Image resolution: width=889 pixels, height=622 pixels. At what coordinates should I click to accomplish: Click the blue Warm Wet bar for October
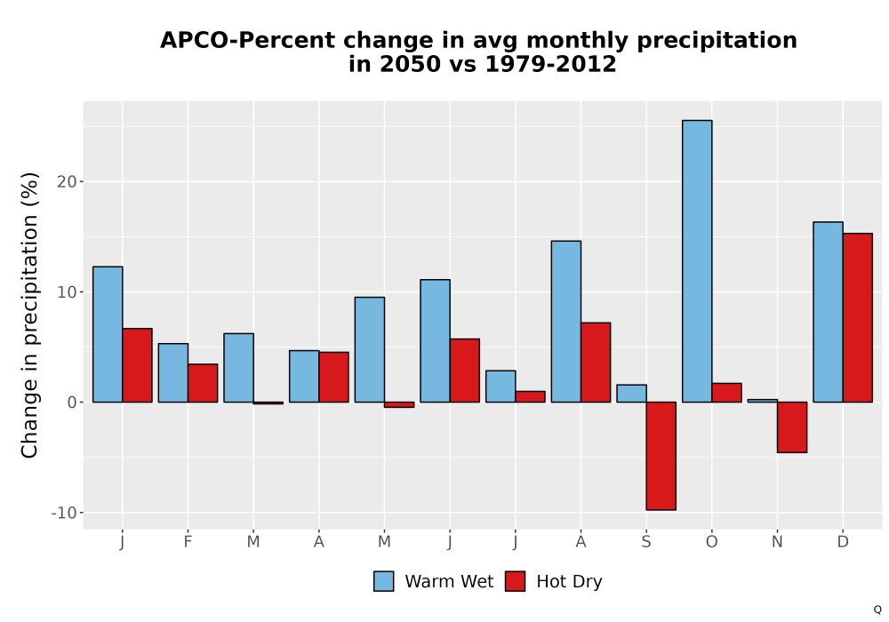(x=697, y=261)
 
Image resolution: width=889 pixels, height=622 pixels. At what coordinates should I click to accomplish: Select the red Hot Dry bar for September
(x=661, y=456)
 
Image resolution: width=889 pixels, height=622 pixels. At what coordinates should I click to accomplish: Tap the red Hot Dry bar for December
(x=857, y=318)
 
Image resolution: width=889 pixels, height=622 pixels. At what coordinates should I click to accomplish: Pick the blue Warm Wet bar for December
(x=828, y=312)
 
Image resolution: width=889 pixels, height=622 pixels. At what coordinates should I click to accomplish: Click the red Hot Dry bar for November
(x=792, y=427)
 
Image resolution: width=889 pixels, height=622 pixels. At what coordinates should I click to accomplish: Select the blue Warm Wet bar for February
(x=173, y=372)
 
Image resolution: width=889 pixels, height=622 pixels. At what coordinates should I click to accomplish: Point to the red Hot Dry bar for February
(x=203, y=383)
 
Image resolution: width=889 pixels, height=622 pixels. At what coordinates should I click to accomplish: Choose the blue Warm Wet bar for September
(x=631, y=394)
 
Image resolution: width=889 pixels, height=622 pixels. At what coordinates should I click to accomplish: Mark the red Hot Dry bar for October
(x=727, y=393)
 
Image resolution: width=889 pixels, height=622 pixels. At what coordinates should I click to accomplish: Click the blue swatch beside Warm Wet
(x=384, y=581)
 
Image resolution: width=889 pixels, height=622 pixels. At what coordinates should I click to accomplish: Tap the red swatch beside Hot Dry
(x=515, y=581)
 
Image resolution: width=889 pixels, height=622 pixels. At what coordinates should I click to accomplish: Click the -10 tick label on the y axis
(x=64, y=513)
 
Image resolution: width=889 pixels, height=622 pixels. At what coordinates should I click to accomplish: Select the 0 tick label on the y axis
(x=72, y=403)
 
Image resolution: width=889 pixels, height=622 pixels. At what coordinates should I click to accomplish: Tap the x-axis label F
(x=188, y=542)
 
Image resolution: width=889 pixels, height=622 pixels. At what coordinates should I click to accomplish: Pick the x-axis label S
(x=646, y=542)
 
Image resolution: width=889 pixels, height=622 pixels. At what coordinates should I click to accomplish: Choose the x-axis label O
(x=711, y=542)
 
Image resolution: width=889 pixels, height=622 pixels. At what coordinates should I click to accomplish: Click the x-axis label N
(x=777, y=542)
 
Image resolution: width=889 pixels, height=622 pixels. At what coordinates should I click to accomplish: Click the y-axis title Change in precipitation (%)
(x=29, y=315)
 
